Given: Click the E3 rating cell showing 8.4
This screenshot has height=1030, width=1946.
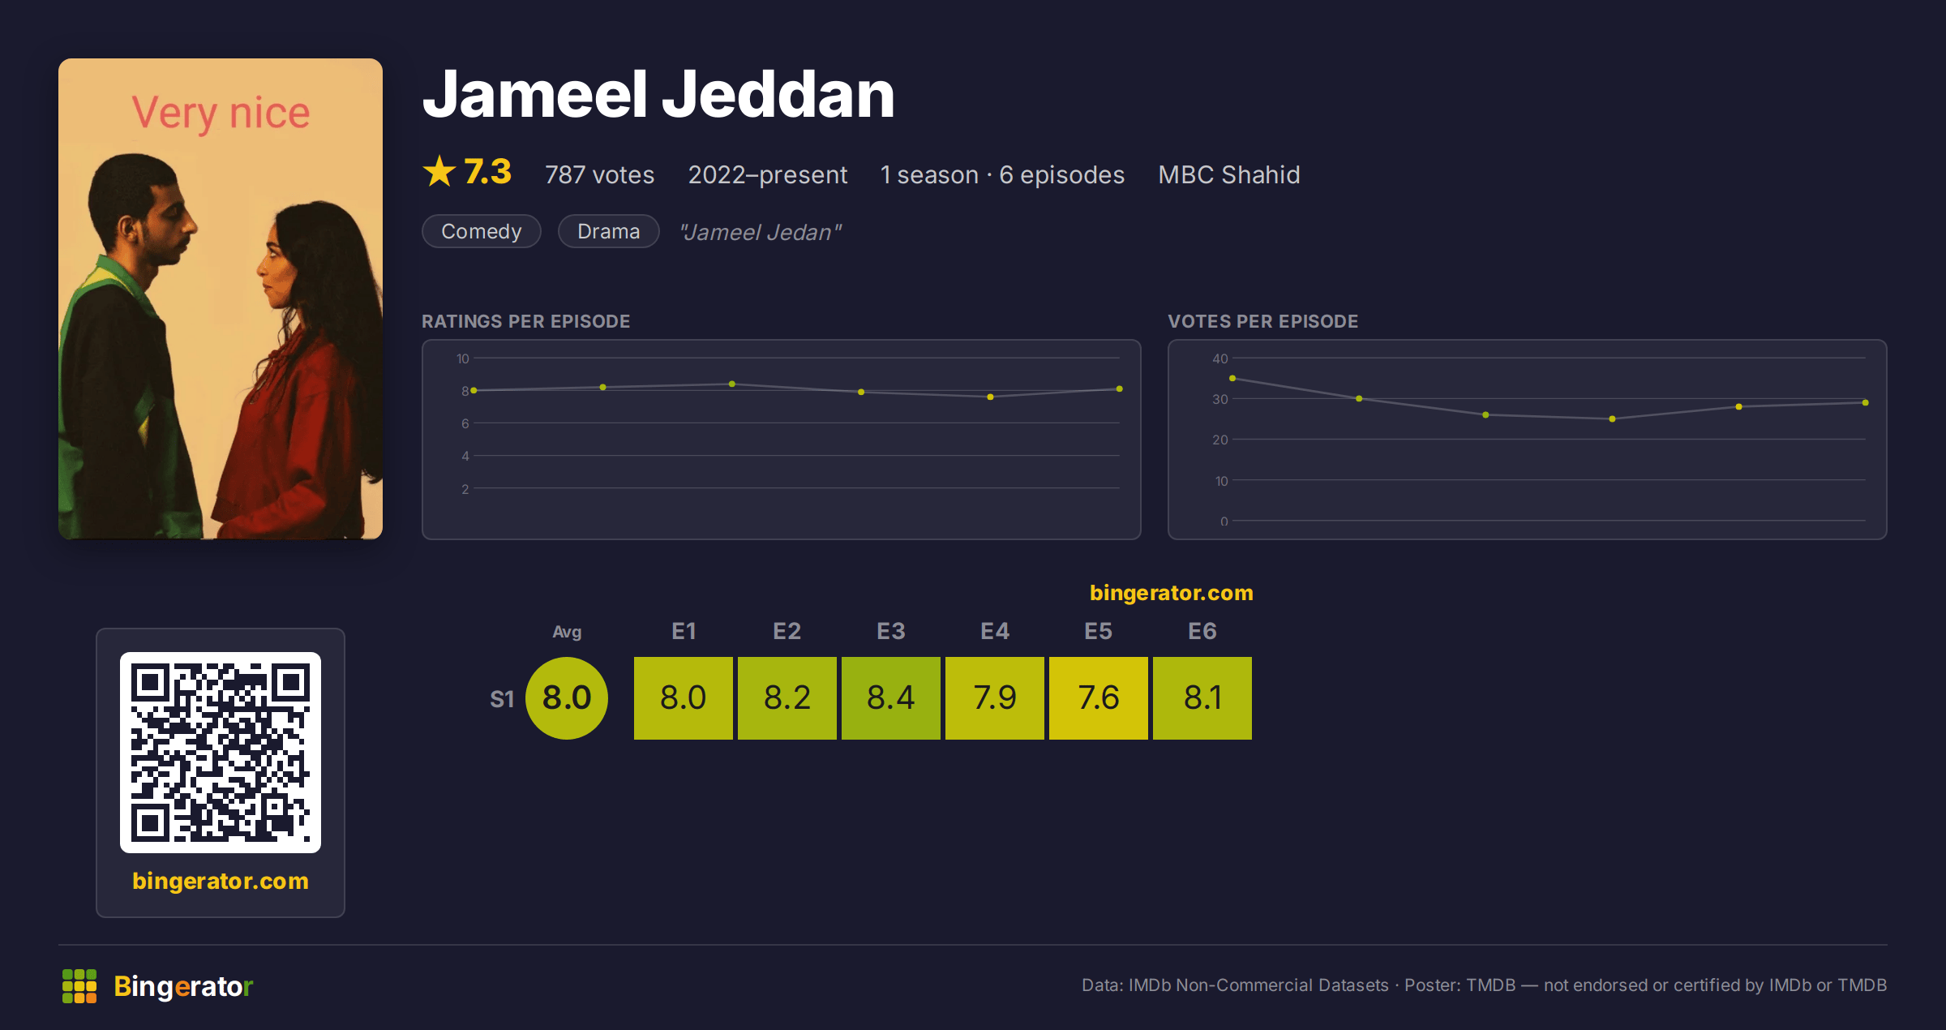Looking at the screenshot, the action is (890, 697).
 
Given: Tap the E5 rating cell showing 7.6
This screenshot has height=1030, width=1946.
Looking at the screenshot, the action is (1098, 697).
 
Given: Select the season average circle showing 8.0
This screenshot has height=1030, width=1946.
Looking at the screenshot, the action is (567, 697).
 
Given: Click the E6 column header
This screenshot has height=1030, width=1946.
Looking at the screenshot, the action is (1202, 631).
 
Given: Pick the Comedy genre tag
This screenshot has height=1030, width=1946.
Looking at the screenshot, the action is (481, 231).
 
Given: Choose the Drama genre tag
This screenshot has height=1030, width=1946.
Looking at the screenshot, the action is (608, 231).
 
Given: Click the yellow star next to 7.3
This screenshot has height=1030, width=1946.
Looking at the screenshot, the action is (439, 171).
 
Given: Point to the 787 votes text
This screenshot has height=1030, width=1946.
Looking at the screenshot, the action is (599, 174).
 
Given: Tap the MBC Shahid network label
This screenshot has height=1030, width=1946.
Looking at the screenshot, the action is (1228, 174).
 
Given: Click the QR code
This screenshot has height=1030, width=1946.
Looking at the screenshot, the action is (221, 753).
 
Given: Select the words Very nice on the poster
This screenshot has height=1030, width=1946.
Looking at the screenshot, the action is (221, 113).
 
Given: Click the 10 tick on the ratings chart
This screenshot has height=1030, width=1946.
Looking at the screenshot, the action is (462, 358).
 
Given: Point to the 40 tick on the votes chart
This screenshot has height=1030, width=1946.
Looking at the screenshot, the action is (1219, 358).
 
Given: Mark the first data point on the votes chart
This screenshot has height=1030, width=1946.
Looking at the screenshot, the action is (1232, 378).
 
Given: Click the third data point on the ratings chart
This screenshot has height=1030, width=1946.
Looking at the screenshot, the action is (732, 384).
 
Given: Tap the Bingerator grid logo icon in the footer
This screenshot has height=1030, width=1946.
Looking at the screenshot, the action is (79, 986).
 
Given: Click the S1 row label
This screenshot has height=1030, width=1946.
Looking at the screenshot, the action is (502, 699).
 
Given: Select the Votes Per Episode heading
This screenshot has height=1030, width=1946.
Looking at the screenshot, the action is (1262, 321).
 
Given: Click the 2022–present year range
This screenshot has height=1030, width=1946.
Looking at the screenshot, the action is (767, 174).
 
